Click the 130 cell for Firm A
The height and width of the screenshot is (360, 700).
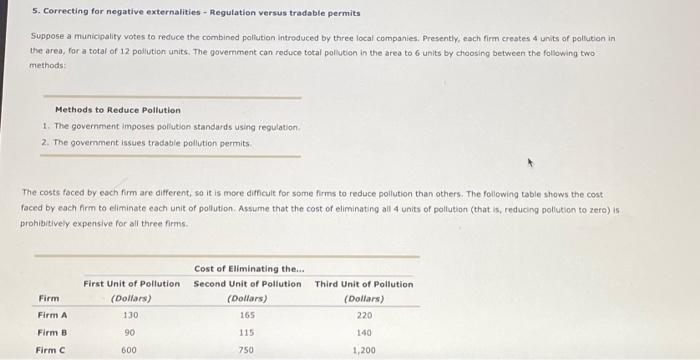[130, 315]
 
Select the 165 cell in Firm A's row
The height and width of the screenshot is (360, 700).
[247, 315]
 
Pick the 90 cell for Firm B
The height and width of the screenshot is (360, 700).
[130, 333]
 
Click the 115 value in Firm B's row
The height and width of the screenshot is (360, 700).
[247, 333]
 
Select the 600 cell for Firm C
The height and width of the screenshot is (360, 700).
[130, 350]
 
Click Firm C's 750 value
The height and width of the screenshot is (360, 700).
[247, 350]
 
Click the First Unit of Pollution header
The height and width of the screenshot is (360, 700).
[131, 284]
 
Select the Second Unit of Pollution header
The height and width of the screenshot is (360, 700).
[247, 284]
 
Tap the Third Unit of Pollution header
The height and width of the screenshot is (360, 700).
[363, 284]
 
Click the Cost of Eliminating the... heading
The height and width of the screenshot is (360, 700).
[250, 268]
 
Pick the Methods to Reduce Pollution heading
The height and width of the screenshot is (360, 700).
[118, 110]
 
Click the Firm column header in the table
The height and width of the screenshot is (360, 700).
[48, 298]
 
